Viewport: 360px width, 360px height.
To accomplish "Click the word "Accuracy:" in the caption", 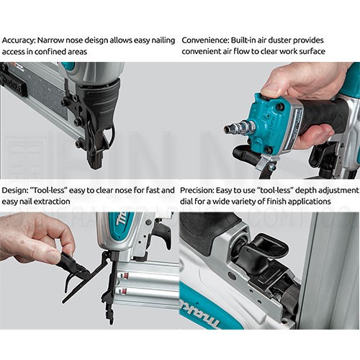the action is [19, 40].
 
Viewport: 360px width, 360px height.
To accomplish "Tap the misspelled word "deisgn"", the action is [94, 40].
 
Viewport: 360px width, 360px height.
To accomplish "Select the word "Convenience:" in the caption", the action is [205, 40].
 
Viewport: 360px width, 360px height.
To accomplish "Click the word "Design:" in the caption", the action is [14, 190].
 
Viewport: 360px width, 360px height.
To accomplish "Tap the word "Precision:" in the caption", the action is [197, 190].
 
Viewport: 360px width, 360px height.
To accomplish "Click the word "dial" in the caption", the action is [186, 201].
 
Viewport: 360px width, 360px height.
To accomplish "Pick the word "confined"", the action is [50, 52].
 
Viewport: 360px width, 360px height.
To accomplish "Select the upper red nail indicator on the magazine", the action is [124, 275].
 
